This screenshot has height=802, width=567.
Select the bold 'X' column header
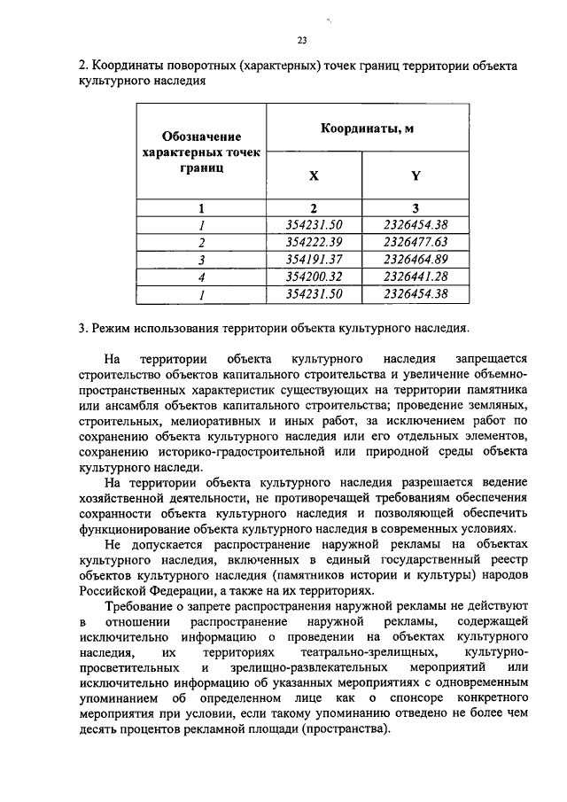point(314,175)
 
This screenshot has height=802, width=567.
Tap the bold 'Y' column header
point(416,175)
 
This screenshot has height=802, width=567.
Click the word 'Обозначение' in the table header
point(202,136)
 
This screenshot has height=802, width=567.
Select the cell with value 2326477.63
point(416,242)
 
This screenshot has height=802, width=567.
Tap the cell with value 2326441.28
point(416,276)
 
